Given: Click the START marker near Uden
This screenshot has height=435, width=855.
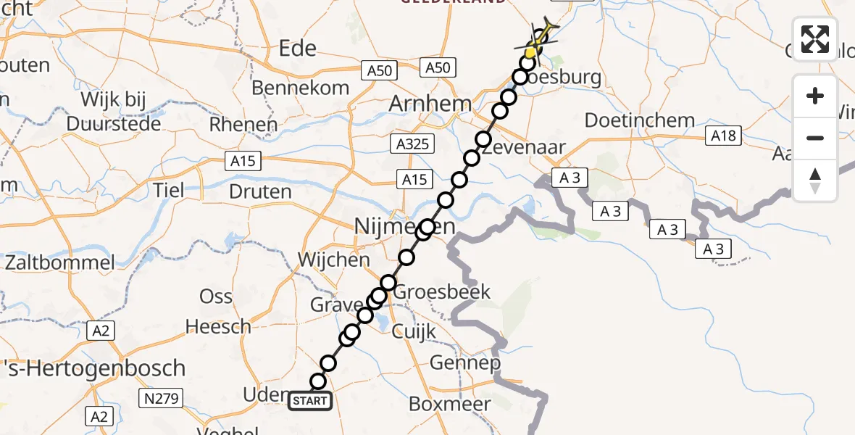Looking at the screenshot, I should tap(311, 401).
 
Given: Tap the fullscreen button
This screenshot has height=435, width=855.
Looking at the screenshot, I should tap(815, 39).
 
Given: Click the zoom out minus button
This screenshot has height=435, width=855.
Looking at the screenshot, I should tap(815, 138).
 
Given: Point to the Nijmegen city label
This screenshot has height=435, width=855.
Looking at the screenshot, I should tap(405, 228).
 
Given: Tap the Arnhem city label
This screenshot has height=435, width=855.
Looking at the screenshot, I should tap(430, 104).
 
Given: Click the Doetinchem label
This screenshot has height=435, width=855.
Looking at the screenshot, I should tap(640, 120).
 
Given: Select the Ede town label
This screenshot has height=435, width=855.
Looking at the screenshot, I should tap(299, 49).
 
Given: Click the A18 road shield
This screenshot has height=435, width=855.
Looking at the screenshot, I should tap(724, 136).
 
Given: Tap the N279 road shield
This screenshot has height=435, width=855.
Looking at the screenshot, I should tap(164, 397).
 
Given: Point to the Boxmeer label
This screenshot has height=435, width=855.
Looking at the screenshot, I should tap(450, 403).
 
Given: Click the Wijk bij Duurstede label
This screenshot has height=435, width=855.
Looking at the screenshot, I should tap(113, 111).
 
